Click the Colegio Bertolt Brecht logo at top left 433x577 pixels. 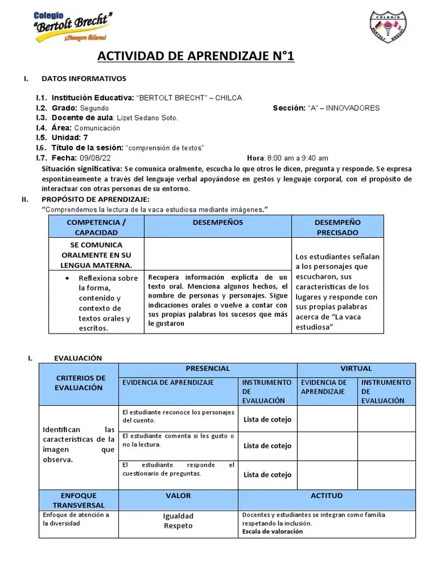[70, 26]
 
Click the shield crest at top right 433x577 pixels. [388, 28]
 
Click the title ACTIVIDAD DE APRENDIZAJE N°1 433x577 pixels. [196, 56]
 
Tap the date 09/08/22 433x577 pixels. [95, 158]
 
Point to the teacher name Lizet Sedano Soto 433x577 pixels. [147, 118]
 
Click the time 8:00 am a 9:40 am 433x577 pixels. [297, 158]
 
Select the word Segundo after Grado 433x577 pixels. [94, 108]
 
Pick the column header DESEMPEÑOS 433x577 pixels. [218, 223]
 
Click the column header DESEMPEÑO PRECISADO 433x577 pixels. [337, 227]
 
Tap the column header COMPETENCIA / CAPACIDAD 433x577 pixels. [96, 227]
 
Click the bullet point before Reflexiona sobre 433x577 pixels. [68, 278]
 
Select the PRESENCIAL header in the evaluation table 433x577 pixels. [207, 369]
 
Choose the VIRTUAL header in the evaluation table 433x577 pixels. [356, 369]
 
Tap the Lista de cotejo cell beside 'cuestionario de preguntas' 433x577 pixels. [267, 474]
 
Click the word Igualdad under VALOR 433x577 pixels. [178, 516]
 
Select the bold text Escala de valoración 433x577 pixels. [272, 531]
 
